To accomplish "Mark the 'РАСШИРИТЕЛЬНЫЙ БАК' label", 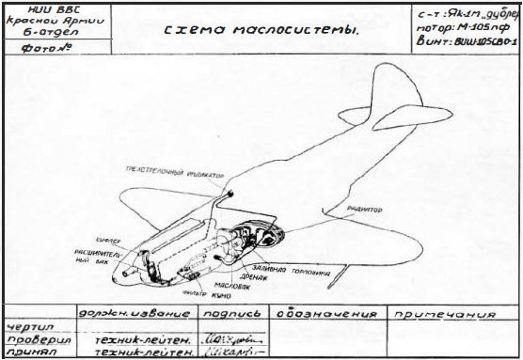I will (x=94, y=257).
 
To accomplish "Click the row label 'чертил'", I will (x=27, y=326).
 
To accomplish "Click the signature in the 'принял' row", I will (x=231, y=352).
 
